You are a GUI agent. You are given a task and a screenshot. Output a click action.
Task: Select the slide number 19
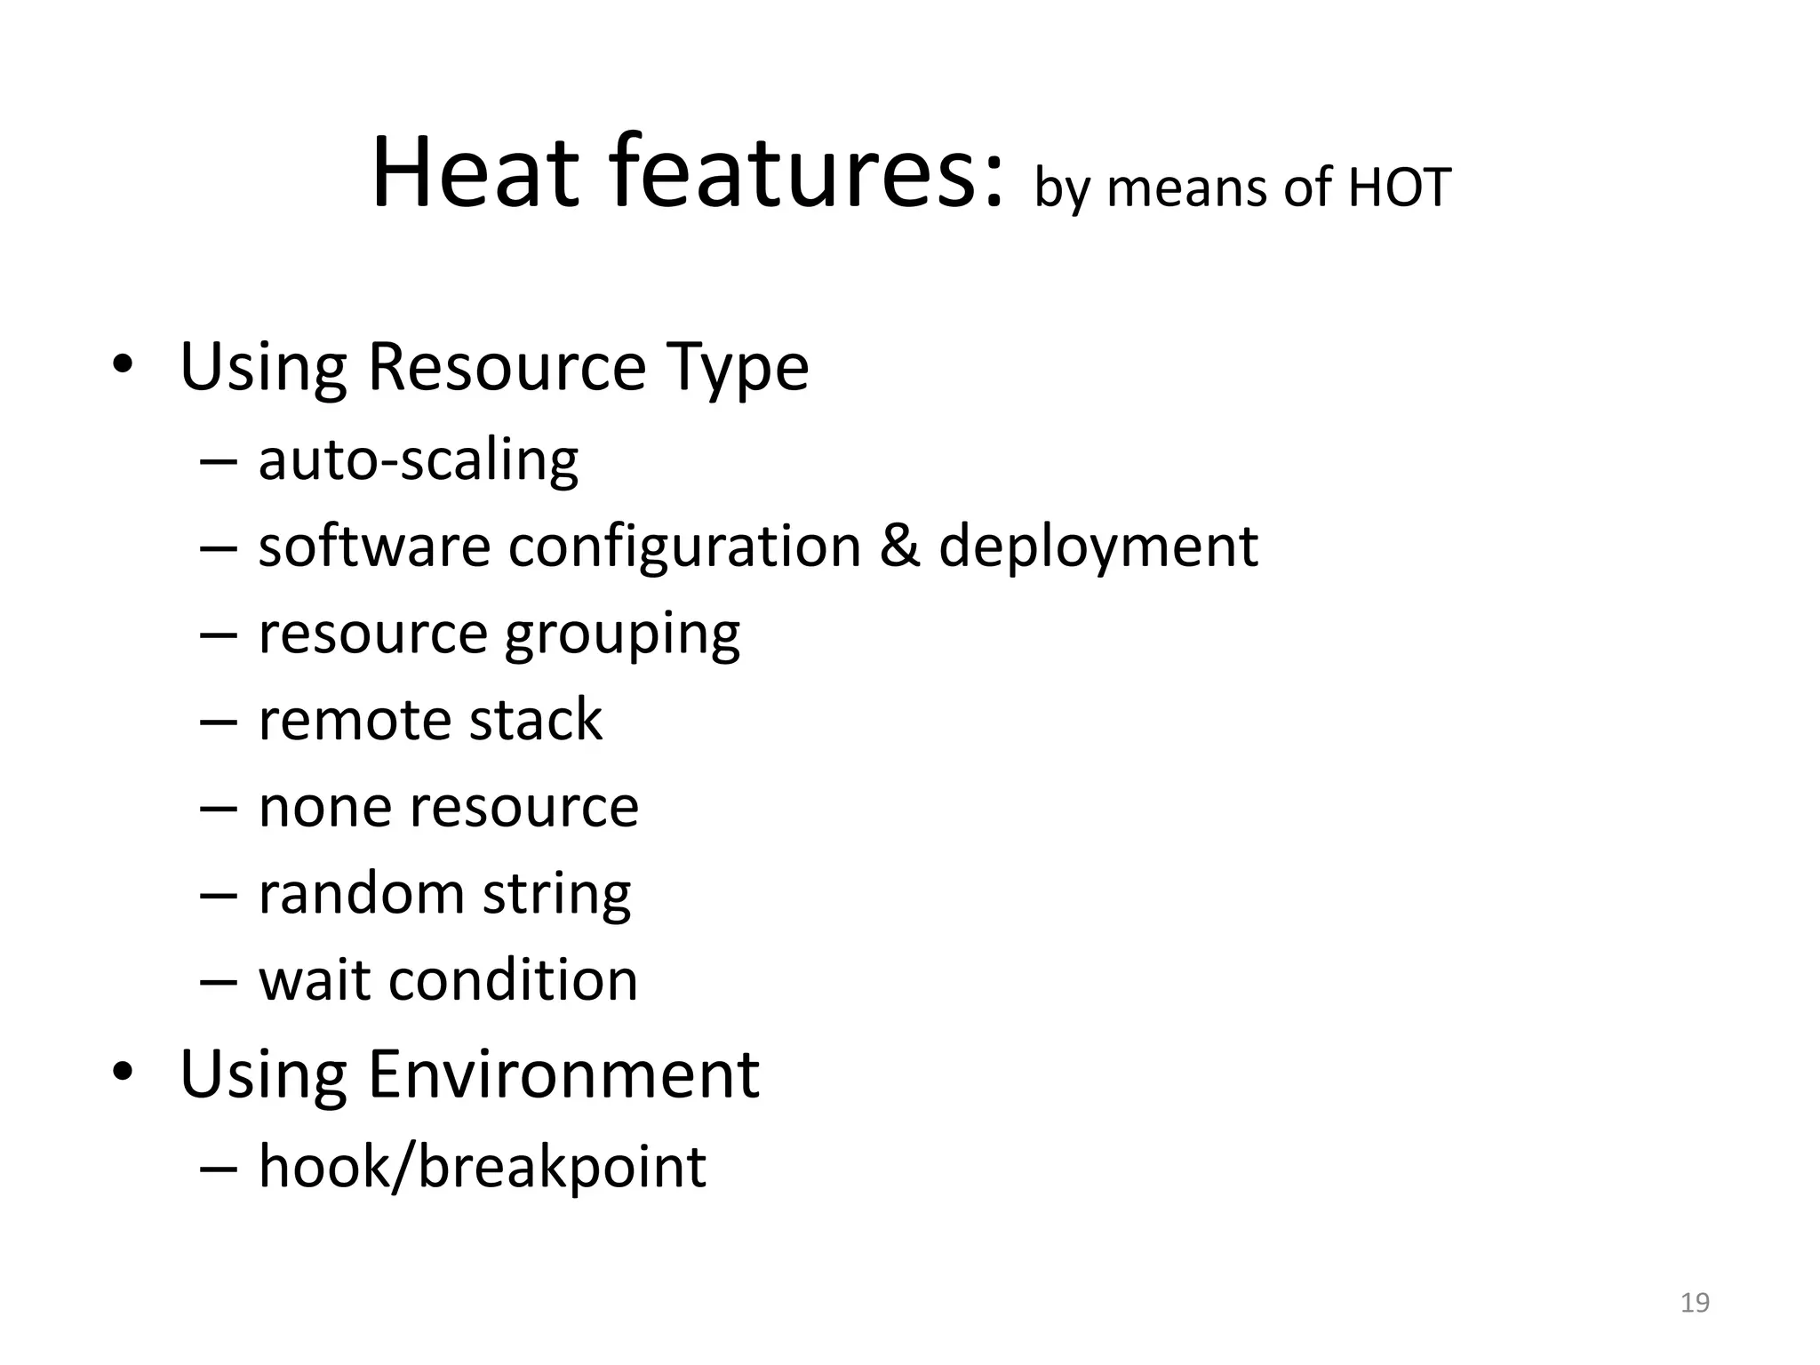coord(1695,1303)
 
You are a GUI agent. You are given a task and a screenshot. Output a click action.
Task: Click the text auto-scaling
coord(418,460)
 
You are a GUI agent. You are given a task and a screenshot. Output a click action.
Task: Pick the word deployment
coord(1098,547)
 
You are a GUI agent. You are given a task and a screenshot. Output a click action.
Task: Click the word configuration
coord(684,547)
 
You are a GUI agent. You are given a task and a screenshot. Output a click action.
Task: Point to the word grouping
coord(622,635)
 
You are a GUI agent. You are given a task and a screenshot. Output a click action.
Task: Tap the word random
coord(361,893)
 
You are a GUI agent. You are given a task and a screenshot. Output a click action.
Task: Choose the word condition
coord(513,980)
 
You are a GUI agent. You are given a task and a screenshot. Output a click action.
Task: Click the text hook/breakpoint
coord(482,1166)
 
